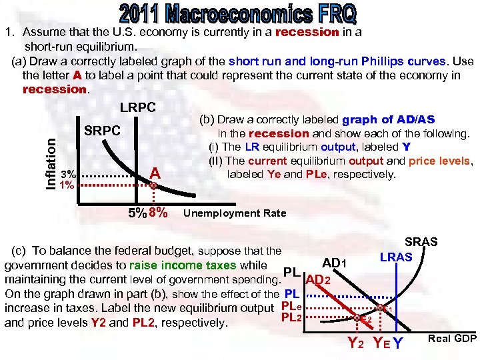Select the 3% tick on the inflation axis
click(68, 174)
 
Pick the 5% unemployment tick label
click(137, 213)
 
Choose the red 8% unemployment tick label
click(158, 213)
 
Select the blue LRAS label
click(396, 257)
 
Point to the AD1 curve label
click(334, 262)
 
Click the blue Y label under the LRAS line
click(398, 343)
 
